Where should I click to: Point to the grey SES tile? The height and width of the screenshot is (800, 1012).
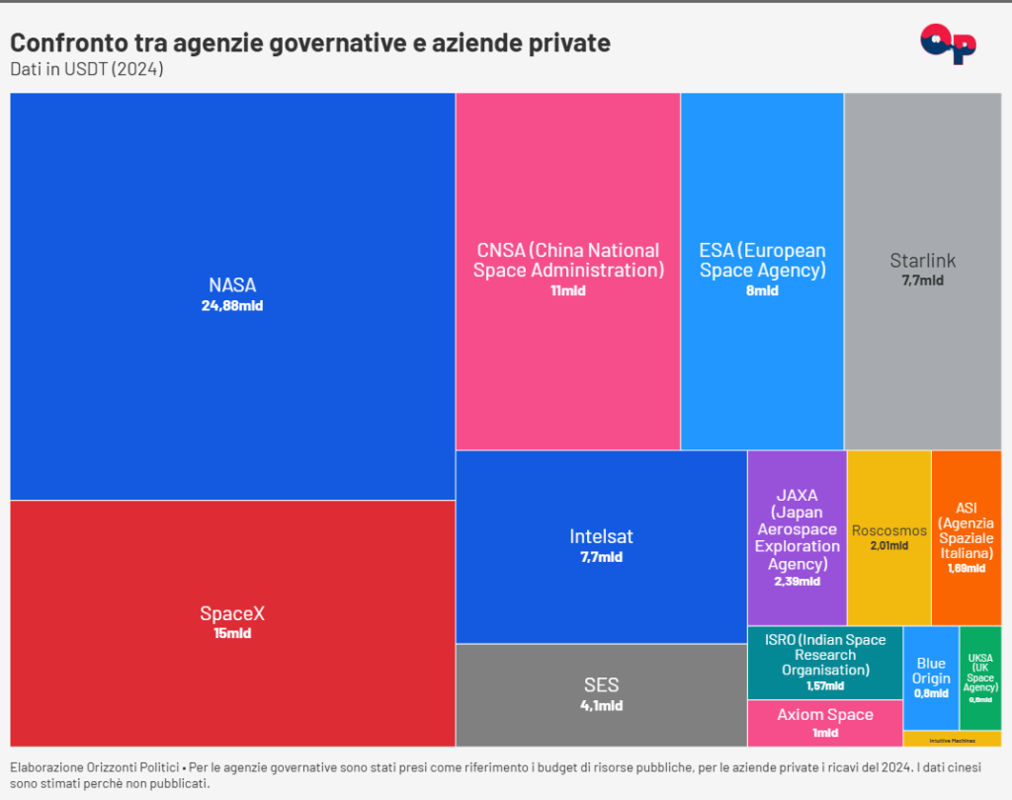tap(601, 694)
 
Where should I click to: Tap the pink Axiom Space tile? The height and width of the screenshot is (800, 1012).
tap(824, 722)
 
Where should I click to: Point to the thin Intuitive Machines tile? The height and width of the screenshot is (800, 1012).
tap(952, 739)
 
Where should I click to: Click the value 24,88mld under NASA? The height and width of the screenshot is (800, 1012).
tap(232, 306)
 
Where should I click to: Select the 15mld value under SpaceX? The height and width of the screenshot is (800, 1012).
tap(232, 633)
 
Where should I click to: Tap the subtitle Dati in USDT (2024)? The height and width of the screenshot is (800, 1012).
tap(86, 69)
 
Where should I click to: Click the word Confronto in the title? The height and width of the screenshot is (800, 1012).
tap(58, 42)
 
